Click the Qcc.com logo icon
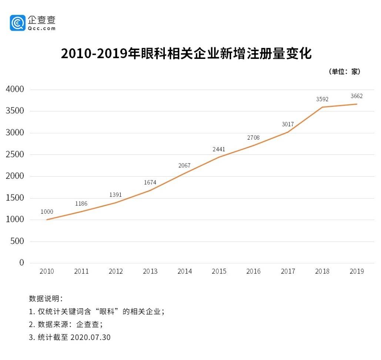pyautogui.click(x=17, y=23)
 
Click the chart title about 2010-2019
pyautogui.click(x=186, y=54)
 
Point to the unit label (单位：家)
pyautogui.click(x=344, y=72)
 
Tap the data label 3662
pyautogui.click(x=357, y=96)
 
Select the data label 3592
pyautogui.click(x=322, y=99)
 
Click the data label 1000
pyautogui.click(x=47, y=212)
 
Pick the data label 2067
pyautogui.click(x=184, y=166)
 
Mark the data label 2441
pyautogui.click(x=219, y=150)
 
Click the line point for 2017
pyautogui.click(x=288, y=132)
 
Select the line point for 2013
pyautogui.click(x=150, y=190)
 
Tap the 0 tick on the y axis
pyautogui.click(x=21, y=263)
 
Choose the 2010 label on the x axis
pyautogui.click(x=47, y=271)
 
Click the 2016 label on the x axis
pyautogui.click(x=253, y=271)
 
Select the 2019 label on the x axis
pyautogui.click(x=357, y=271)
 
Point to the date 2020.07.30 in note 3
pyautogui.click(x=90, y=337)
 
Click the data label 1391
pyautogui.click(x=116, y=195)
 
